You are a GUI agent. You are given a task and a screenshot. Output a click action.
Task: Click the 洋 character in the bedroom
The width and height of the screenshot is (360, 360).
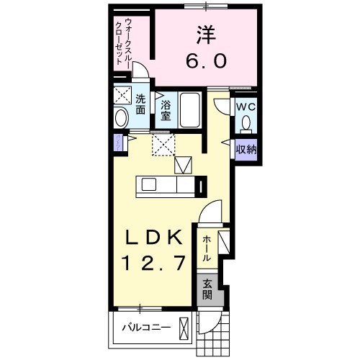point(205,35)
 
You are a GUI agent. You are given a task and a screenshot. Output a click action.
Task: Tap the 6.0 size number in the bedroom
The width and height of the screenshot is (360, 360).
point(205,61)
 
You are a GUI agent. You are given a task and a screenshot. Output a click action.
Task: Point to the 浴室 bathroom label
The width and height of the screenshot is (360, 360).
point(165,109)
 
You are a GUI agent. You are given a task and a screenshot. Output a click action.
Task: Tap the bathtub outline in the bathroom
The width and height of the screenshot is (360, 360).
point(192,109)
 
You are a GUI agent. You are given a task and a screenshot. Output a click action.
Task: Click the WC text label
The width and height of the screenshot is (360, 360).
point(247,107)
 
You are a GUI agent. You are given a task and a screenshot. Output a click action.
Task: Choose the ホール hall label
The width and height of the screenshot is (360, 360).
point(207,248)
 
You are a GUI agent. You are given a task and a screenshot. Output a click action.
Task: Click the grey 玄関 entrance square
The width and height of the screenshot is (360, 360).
point(207,289)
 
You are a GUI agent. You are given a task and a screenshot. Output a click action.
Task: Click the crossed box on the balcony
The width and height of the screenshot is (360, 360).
point(186,329)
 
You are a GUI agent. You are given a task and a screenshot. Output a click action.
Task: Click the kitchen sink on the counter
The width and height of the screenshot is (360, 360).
point(149,184)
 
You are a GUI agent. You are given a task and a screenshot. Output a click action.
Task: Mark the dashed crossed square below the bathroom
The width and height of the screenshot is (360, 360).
point(163,145)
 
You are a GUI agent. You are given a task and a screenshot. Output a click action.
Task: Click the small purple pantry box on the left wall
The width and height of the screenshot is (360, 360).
point(116,142)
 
